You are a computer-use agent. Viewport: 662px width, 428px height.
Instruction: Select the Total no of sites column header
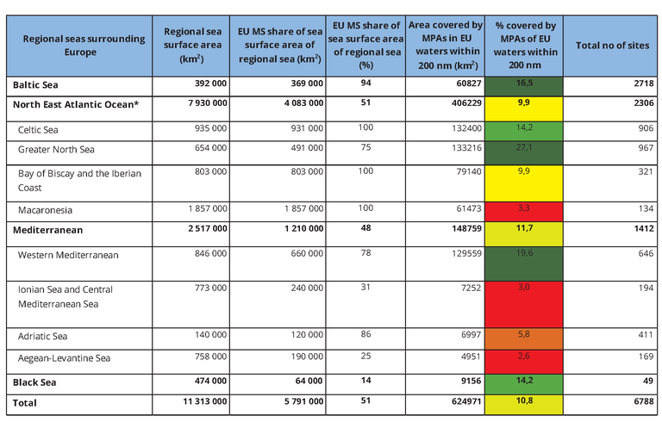(612, 46)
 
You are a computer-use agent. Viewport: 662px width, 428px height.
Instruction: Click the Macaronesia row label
(46, 210)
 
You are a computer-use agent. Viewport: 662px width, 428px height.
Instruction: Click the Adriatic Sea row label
(43, 336)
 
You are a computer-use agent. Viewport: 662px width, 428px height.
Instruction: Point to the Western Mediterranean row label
(68, 255)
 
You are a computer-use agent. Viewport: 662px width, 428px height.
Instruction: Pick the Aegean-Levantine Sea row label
(63, 358)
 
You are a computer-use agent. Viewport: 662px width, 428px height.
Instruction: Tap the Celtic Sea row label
(39, 129)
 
